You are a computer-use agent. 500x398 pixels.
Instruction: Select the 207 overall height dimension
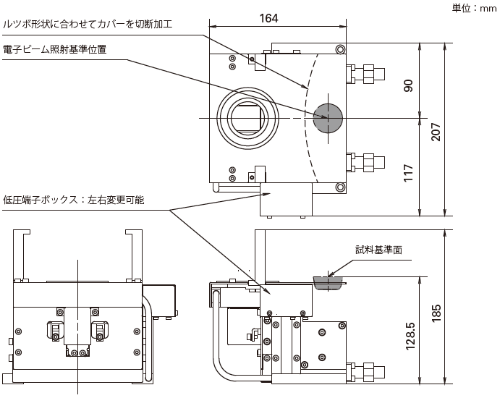pos(436,131)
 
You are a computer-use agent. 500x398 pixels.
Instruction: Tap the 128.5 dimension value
pos(410,336)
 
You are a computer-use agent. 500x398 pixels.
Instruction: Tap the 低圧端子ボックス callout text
pos(73,200)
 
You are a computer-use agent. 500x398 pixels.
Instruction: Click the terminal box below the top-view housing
pos(286,200)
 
